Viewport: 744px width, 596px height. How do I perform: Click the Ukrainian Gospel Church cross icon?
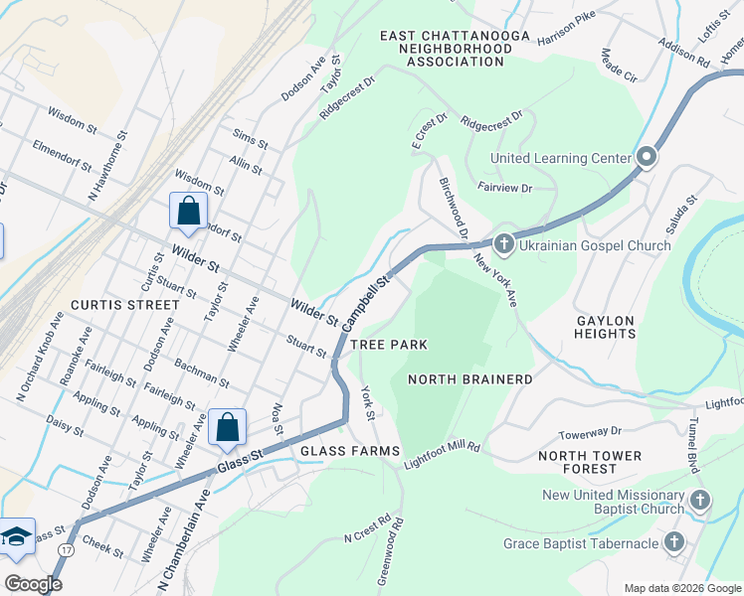tap(503, 242)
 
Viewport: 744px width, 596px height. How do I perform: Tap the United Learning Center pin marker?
tap(647, 158)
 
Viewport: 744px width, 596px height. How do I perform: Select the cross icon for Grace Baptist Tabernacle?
tap(674, 543)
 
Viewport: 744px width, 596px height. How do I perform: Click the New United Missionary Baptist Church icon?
tap(700, 501)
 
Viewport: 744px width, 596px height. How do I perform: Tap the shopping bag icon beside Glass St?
tap(228, 427)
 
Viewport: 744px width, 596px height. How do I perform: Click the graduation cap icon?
tap(17, 536)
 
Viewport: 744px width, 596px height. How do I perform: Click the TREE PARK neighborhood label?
tap(388, 345)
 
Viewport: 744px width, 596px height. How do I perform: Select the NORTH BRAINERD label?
tap(470, 379)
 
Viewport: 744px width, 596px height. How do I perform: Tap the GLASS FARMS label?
tap(349, 450)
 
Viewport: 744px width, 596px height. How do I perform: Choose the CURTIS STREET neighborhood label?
tap(111, 304)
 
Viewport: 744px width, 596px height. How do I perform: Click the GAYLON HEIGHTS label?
tap(605, 327)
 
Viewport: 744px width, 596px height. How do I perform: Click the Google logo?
tap(33, 584)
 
